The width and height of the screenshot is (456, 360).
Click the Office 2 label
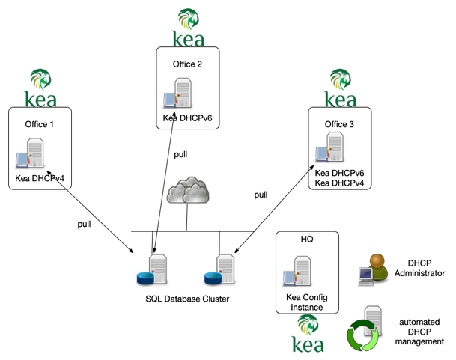189,64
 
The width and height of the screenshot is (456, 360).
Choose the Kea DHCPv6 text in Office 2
189,119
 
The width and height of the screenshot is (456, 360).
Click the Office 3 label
341,123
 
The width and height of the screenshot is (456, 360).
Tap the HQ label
307,240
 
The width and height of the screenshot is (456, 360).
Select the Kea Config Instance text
308,302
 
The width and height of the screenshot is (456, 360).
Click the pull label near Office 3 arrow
261,195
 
